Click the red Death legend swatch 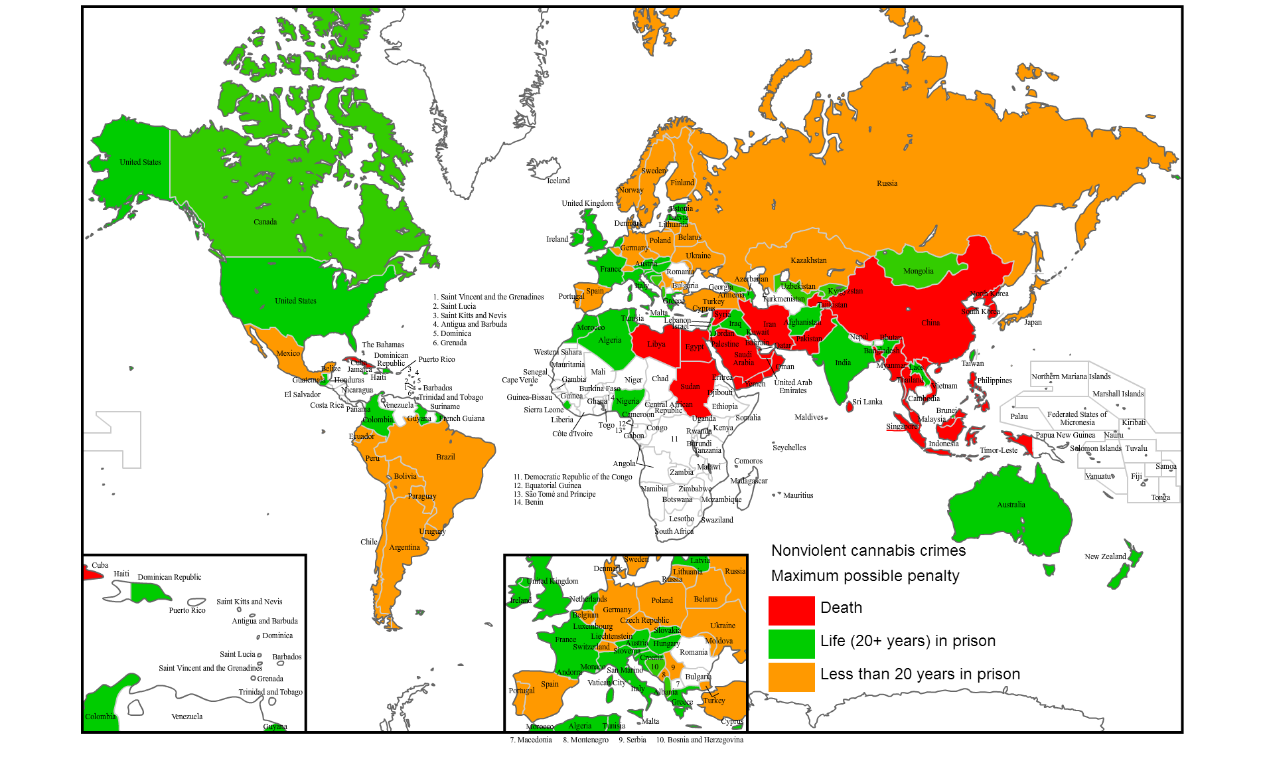coord(791,610)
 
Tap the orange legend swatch coord(791,677)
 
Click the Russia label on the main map coord(887,183)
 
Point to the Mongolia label coord(918,271)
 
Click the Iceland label coord(558,181)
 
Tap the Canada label coord(265,222)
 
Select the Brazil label coord(445,457)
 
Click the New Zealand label coord(1105,556)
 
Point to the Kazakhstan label coord(808,260)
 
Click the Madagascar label coord(749,481)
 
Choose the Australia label coord(1011,505)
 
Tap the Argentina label coord(404,547)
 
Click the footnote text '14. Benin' coord(528,502)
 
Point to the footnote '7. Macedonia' coord(530,740)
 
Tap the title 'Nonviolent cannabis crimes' coord(868,550)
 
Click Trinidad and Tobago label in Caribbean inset coord(270,692)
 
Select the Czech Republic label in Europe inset coord(644,620)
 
